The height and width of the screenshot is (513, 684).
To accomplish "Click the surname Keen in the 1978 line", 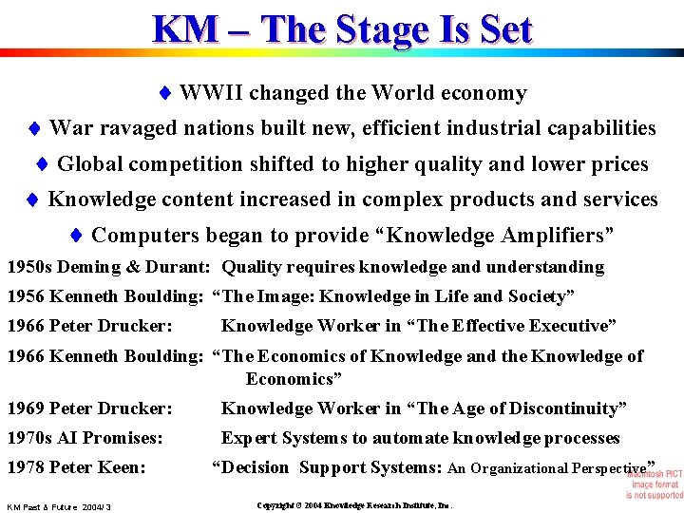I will pyautogui.click(x=125, y=467).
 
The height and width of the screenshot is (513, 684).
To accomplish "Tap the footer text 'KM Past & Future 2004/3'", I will pyautogui.click(x=59, y=507).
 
